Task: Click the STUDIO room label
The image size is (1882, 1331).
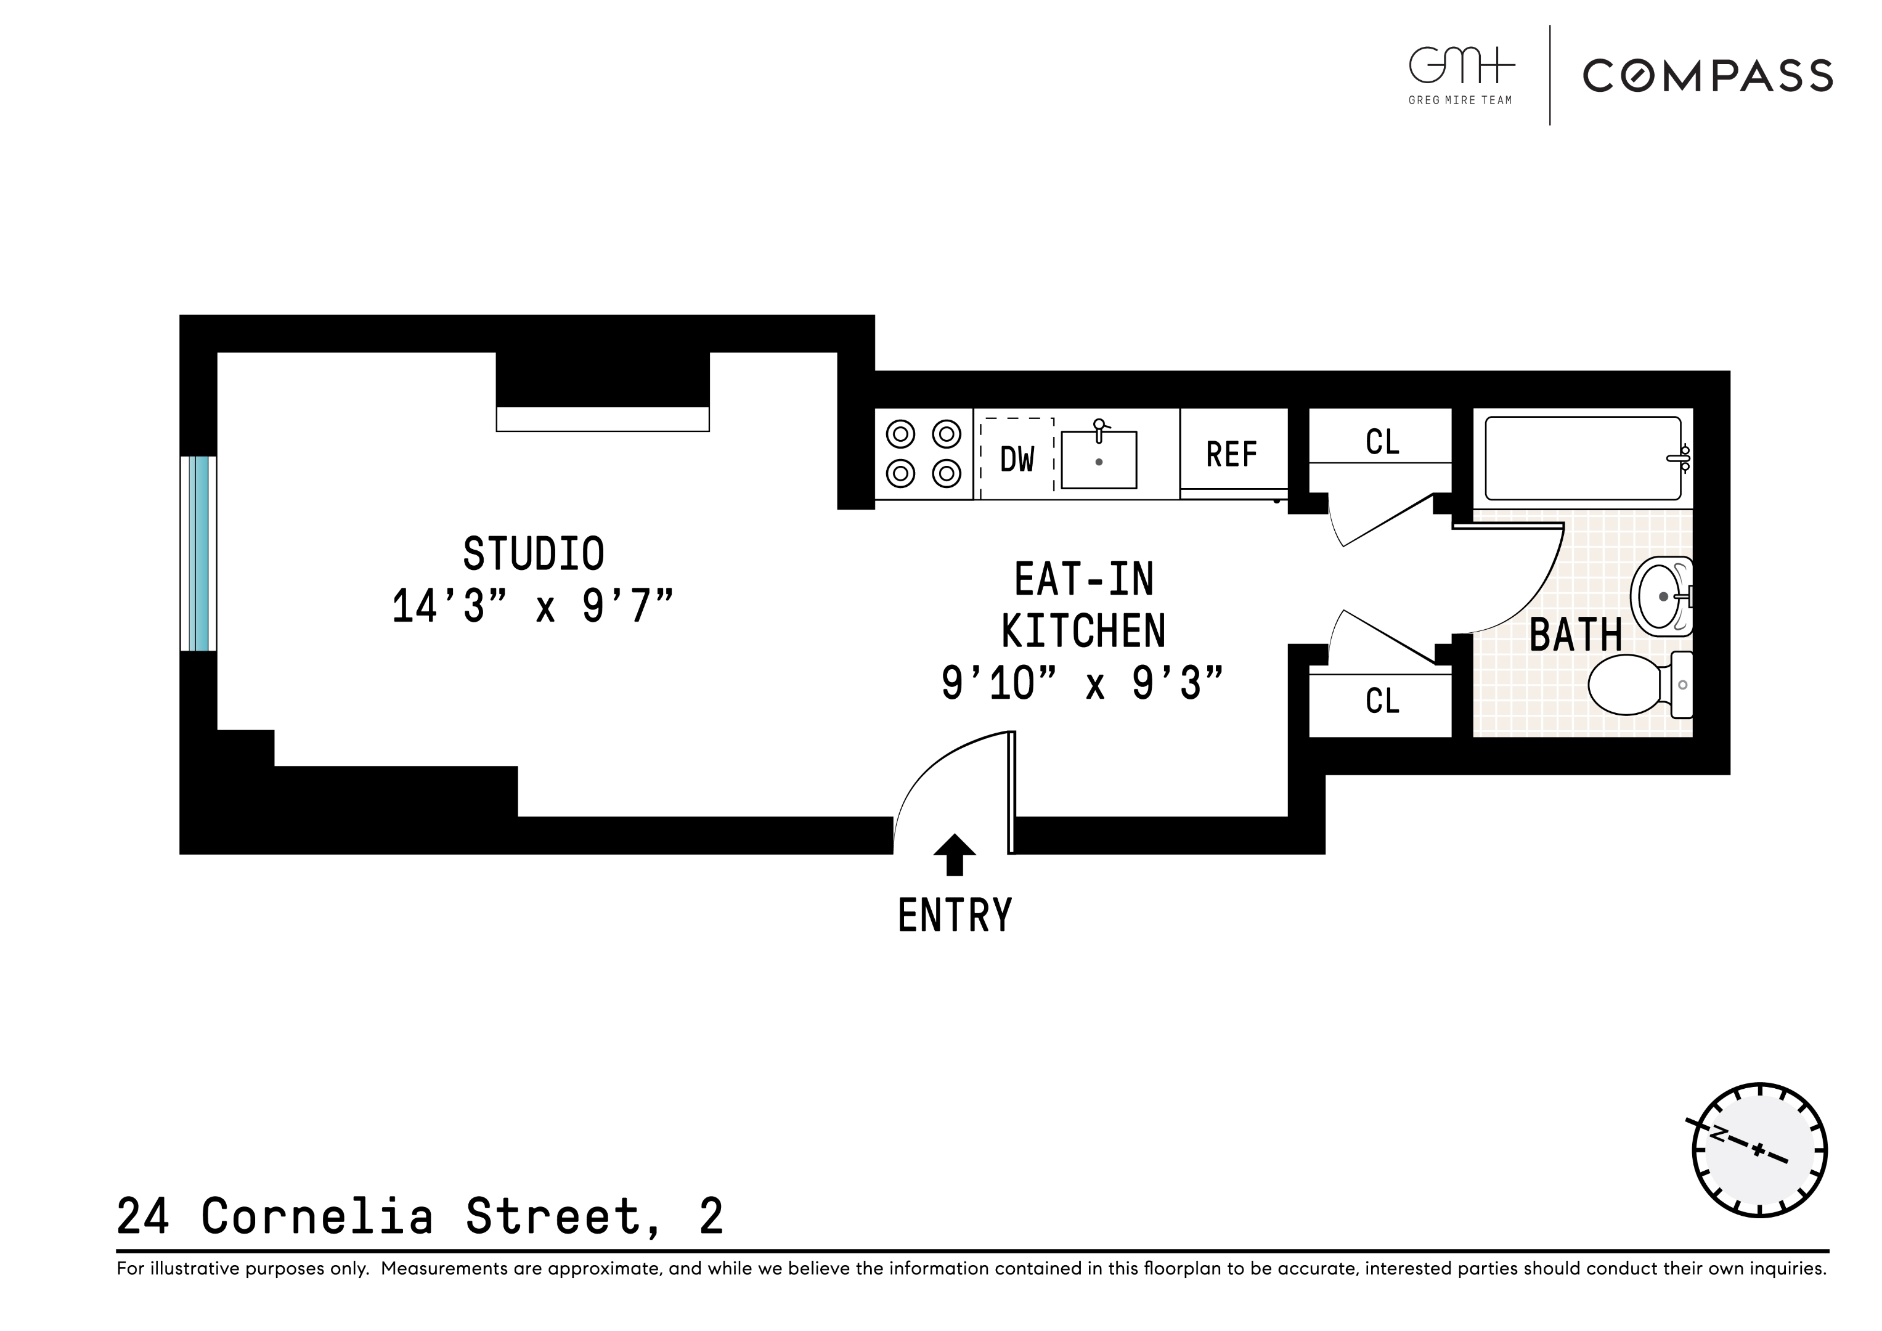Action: coord(534,555)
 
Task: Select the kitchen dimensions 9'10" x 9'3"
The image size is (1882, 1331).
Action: coord(1082,683)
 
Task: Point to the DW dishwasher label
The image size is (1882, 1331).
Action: coord(1017,460)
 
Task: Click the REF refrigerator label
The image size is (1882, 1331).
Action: coord(1231,455)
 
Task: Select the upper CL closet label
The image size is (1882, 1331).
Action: coord(1382,442)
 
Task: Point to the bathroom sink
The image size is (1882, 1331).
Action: coord(1661,596)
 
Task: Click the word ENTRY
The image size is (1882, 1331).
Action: coord(955,916)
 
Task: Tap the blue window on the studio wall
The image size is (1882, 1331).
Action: coord(198,553)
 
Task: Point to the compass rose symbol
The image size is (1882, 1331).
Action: coord(1759,1150)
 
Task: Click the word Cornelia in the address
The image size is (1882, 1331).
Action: coord(316,1216)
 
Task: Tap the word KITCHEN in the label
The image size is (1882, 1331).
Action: coord(1083,631)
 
